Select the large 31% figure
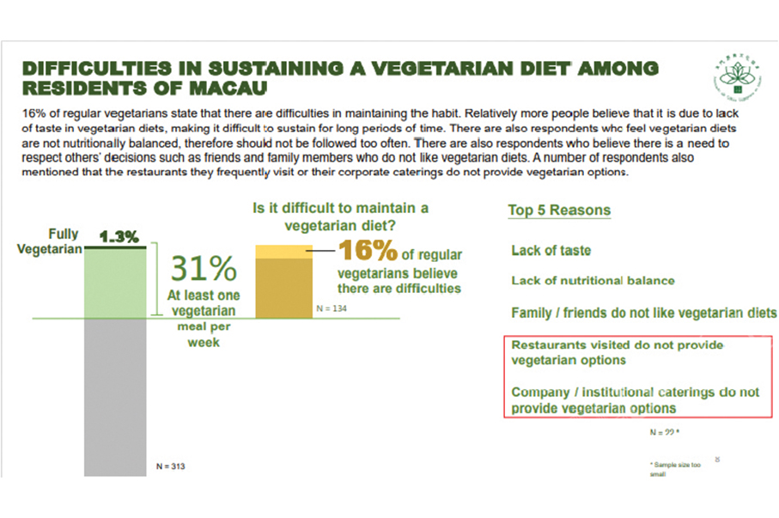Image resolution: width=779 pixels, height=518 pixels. pos(204,269)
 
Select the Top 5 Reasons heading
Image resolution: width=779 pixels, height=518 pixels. pos(559,210)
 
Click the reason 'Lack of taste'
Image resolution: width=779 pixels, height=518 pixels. pos(551,251)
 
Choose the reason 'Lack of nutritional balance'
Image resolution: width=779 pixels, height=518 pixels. pos(593,281)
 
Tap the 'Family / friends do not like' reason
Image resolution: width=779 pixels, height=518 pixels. pos(643,313)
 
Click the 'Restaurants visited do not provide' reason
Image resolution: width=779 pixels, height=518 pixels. pos(618,353)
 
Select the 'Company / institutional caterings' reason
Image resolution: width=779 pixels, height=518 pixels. pos(635,399)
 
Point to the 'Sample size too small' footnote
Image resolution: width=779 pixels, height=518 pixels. pos(676,469)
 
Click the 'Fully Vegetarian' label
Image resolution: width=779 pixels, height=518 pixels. pos(57,240)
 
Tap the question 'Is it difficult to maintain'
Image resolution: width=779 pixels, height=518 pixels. pos(340,216)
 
